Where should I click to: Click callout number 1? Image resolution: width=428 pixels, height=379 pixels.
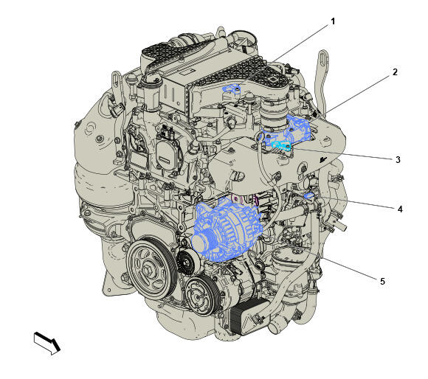click(x=333, y=21)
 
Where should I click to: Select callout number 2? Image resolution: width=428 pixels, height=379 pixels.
click(x=395, y=72)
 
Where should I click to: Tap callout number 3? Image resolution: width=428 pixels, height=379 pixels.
click(x=398, y=160)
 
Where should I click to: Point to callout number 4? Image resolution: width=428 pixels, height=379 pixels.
click(x=400, y=209)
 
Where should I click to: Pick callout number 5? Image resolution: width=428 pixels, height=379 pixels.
click(x=382, y=281)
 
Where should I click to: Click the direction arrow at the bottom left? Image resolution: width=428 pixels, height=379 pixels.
click(x=47, y=344)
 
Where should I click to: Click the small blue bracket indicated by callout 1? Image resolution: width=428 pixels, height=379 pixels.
click(x=232, y=88)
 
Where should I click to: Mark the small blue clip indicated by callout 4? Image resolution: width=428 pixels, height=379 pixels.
click(x=309, y=195)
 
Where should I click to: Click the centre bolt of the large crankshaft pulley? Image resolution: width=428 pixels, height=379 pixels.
click(x=149, y=269)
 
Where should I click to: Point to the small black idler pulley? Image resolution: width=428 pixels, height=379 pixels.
click(x=187, y=262)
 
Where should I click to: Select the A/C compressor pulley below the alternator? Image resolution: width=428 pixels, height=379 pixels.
click(x=201, y=296)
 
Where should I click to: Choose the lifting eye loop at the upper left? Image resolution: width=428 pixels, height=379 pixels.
click(x=117, y=82)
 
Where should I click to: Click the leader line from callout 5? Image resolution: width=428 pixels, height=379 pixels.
click(x=349, y=268)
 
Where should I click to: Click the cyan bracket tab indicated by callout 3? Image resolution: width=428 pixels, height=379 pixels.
click(x=281, y=146)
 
